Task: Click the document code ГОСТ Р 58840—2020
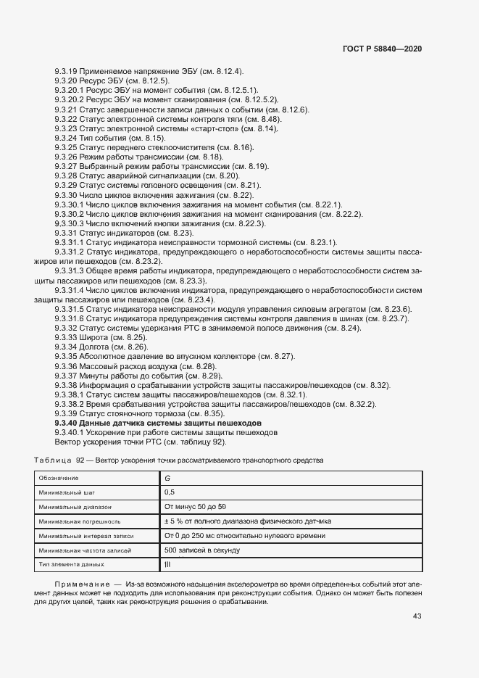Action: [x=382, y=48]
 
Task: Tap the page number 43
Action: [x=417, y=616]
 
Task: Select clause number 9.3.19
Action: [x=66, y=71]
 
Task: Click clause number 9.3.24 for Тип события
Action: [x=66, y=138]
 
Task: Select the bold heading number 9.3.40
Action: [x=66, y=423]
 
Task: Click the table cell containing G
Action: [x=167, y=479]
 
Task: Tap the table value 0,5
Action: [x=170, y=492]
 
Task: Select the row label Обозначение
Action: [x=59, y=479]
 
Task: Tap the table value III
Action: [x=167, y=564]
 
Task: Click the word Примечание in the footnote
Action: [x=80, y=583]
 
